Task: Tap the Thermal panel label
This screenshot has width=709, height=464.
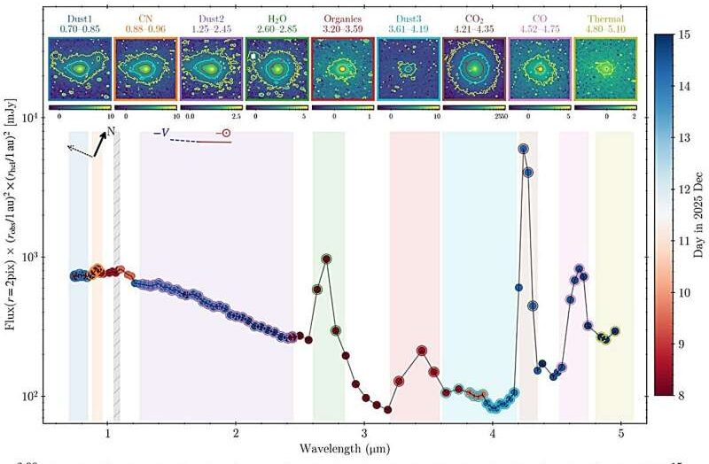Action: [604, 17]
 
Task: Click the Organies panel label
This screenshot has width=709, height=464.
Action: [340, 17]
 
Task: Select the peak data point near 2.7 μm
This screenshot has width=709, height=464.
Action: [327, 259]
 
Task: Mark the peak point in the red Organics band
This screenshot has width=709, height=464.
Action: [422, 351]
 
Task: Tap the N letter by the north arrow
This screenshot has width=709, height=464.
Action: [111, 132]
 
